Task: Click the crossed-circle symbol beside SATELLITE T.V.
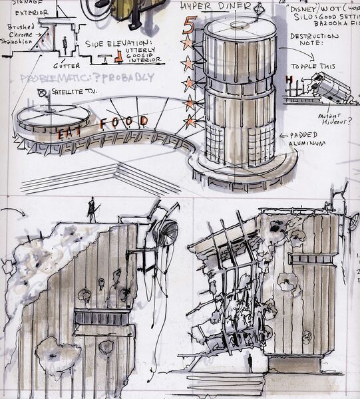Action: pyautogui.click(x=42, y=92)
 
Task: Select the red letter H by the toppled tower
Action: pyautogui.click(x=289, y=80)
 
